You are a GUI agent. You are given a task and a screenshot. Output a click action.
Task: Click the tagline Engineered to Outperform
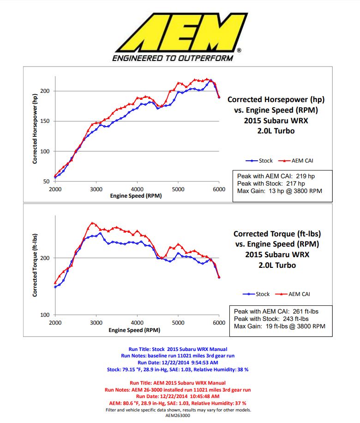click(x=173, y=58)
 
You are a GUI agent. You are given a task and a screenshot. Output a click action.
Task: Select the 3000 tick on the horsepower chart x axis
click(x=96, y=189)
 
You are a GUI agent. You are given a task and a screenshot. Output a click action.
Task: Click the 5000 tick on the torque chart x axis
click(x=178, y=323)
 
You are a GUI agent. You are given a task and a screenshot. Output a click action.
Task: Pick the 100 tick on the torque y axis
click(x=45, y=315)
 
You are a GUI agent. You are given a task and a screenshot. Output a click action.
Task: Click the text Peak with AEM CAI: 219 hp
click(x=276, y=176)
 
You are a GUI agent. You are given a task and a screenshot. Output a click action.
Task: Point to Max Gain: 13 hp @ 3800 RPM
click(x=279, y=191)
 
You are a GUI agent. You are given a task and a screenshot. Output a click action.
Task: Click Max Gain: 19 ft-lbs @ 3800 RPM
click(x=279, y=326)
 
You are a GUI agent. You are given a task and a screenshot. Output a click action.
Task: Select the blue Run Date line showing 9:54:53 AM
click(x=178, y=363)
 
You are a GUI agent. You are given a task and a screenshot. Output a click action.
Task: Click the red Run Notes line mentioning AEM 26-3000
click(x=178, y=390)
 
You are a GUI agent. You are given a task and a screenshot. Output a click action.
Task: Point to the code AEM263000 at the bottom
click(x=178, y=415)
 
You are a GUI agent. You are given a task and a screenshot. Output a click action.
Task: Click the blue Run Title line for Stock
click(x=178, y=349)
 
